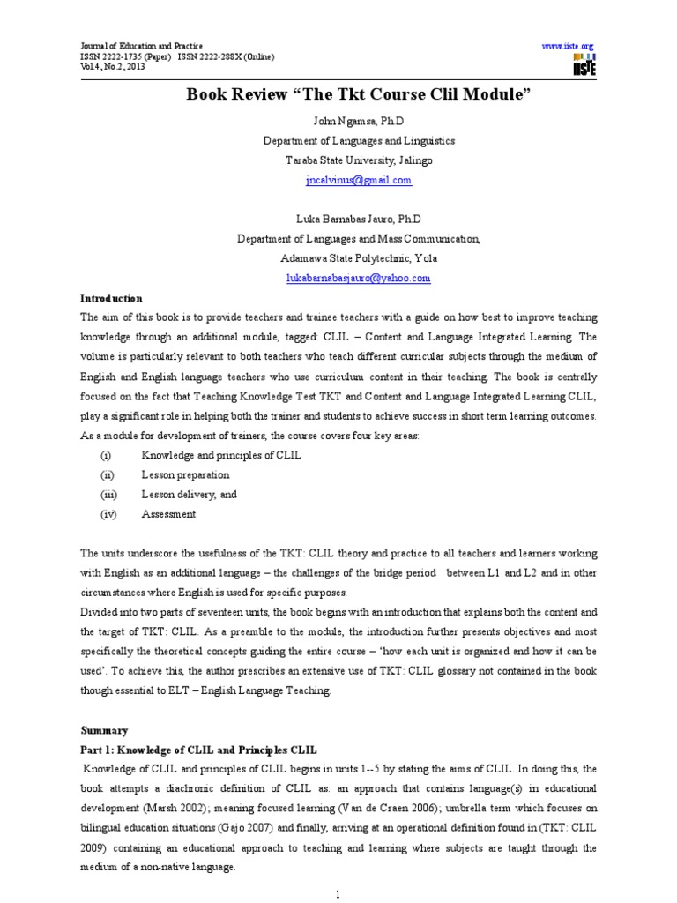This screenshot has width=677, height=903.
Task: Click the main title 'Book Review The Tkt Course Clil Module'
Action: point(358,95)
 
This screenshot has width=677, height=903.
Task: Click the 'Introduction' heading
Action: point(111,299)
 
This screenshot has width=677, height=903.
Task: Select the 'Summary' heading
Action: point(105,731)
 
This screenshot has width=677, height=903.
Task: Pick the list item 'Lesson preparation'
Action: point(185,475)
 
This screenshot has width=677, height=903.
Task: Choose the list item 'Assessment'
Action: point(168,514)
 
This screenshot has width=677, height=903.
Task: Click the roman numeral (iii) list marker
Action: point(108,495)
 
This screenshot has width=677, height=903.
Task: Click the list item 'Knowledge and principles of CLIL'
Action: point(221,456)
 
